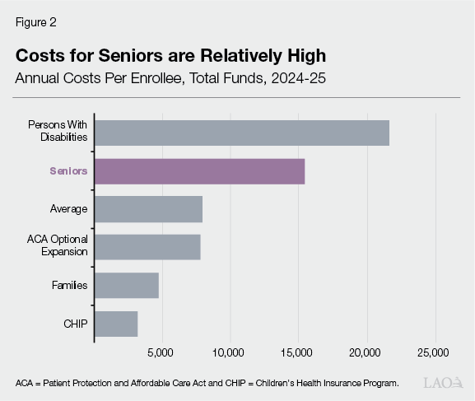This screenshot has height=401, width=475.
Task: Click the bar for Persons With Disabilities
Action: tap(241, 132)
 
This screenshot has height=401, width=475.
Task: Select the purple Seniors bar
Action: tap(199, 170)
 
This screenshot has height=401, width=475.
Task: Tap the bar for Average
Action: tap(148, 209)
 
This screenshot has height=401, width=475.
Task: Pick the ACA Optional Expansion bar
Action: tap(147, 247)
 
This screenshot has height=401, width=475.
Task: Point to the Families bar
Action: tap(126, 286)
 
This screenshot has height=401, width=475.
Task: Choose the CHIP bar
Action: tap(116, 324)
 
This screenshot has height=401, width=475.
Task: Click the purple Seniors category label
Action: tap(68, 171)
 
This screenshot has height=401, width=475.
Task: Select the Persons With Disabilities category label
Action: tap(58, 131)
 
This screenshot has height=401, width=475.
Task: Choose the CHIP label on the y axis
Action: tap(75, 324)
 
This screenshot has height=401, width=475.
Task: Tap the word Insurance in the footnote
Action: tap(322, 383)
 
